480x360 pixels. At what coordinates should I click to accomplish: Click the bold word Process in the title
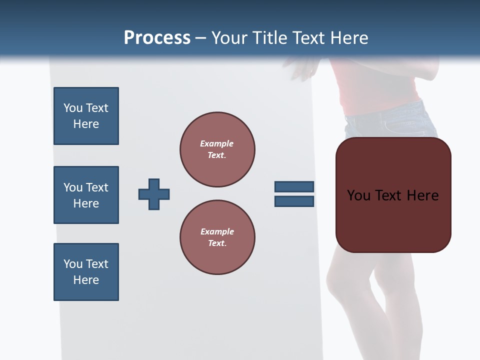[157, 38]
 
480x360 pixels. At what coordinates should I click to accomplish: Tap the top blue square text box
[86, 116]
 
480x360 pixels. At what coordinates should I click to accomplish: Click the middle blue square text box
[86, 195]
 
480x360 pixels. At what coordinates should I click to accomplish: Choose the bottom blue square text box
[86, 272]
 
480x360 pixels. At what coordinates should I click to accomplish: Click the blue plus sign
[154, 194]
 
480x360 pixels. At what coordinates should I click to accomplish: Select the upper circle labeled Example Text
[217, 149]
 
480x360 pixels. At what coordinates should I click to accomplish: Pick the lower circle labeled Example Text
[217, 237]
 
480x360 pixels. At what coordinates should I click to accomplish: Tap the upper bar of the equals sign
[294, 186]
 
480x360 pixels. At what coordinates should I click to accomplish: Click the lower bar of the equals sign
[294, 201]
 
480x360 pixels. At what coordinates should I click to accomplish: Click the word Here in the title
[349, 38]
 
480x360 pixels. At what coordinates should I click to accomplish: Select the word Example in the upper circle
[216, 143]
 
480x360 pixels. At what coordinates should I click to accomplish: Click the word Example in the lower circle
[217, 231]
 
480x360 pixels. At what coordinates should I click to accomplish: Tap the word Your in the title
[229, 38]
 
